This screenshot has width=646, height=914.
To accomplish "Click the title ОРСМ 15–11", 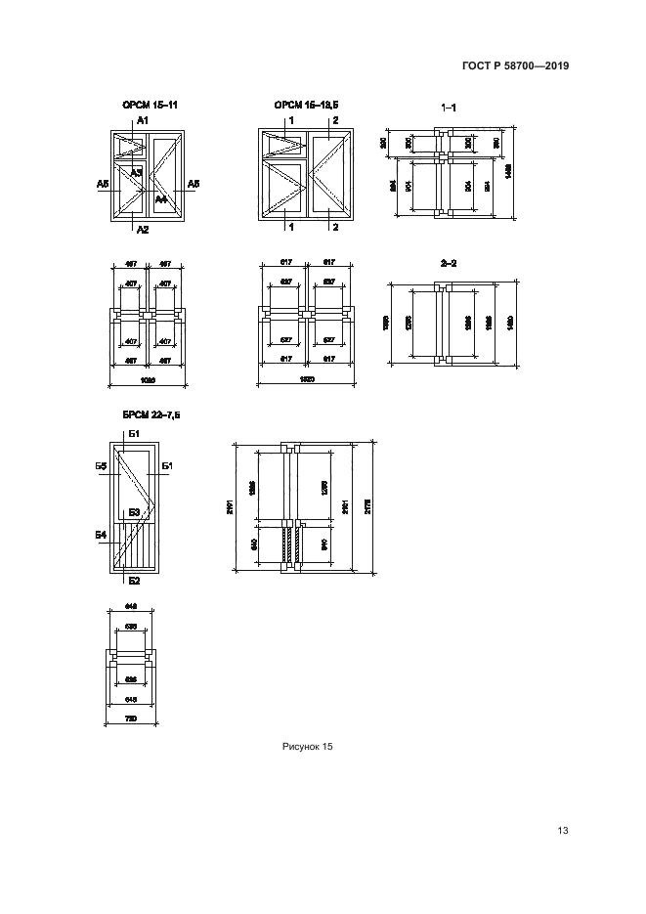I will pos(149,104).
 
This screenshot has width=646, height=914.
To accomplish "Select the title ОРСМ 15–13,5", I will pos(306,104).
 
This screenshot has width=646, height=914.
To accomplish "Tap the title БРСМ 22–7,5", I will pos(151,414).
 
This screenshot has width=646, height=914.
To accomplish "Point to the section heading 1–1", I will pos(450,107).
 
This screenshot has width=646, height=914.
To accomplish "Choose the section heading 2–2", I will pos(450,263).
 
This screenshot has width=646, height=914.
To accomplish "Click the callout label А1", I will pos(142,118).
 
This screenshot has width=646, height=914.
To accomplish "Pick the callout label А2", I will pos(143,230).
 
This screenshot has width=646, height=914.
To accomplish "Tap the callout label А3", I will pos(138,172).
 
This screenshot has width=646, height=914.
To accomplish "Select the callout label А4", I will pos(162,199).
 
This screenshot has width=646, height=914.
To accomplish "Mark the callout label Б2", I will pos(135,581).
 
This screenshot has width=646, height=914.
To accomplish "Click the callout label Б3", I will pos(134,511).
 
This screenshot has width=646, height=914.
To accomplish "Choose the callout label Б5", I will pos(101,466).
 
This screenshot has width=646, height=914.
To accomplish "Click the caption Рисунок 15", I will pos(308,746).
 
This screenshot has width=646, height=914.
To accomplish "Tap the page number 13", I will pos(562,831).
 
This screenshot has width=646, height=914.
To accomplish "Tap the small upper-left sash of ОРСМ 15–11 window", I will pos(130,146).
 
